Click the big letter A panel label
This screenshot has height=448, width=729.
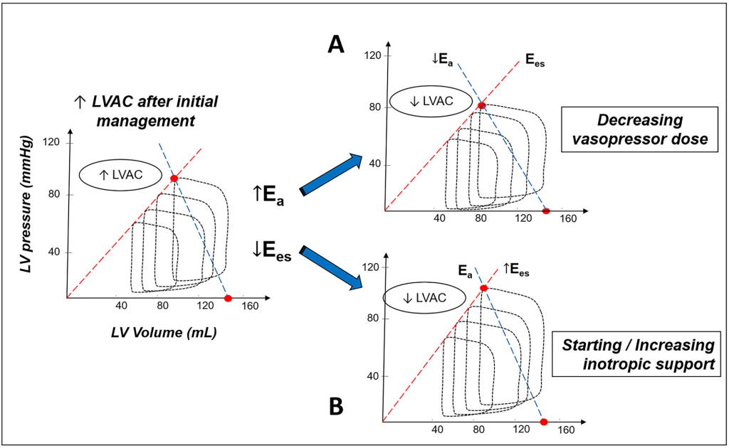pyautogui.click(x=336, y=45)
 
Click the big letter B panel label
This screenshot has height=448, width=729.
pyautogui.click(x=336, y=406)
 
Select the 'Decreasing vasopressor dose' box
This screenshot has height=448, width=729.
pyautogui.click(x=640, y=129)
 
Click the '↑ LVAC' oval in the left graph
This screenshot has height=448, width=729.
pyautogui.click(x=120, y=175)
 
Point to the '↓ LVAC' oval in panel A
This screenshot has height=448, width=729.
pyautogui.click(x=431, y=101)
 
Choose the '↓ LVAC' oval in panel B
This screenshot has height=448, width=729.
pyautogui.click(x=424, y=298)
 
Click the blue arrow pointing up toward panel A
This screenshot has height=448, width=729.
pyautogui.click(x=330, y=174)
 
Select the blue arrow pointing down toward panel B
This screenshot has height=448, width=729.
pyautogui.click(x=330, y=268)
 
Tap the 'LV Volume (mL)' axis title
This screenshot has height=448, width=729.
pyautogui.click(x=164, y=332)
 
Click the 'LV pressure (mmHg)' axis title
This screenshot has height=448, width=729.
pyautogui.click(x=26, y=204)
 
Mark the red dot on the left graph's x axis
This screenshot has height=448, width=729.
pyautogui.click(x=228, y=298)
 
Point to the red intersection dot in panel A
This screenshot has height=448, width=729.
pyautogui.click(x=482, y=106)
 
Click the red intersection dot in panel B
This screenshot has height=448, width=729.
pyautogui.click(x=483, y=288)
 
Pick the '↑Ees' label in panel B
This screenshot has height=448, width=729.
pyautogui.click(x=516, y=270)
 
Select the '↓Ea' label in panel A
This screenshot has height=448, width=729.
pyautogui.click(x=442, y=60)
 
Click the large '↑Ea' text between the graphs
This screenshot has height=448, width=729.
pyautogui.click(x=268, y=195)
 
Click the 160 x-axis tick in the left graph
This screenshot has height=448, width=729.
pyautogui.click(x=250, y=306)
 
